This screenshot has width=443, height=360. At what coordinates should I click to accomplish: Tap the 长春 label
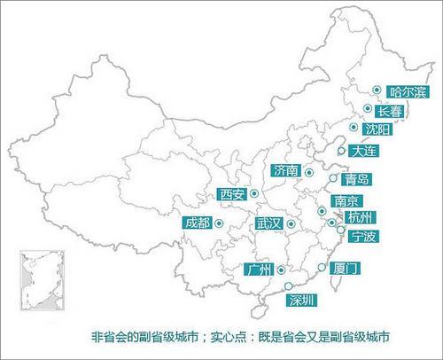389,112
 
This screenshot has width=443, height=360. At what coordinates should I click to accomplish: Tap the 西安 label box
231,193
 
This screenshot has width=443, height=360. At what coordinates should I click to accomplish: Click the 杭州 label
361,217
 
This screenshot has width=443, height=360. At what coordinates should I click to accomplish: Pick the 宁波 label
363,236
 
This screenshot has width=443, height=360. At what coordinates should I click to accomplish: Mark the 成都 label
197,223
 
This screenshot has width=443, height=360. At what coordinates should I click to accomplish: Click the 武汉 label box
268,224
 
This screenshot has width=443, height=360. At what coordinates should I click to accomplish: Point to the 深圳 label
301,300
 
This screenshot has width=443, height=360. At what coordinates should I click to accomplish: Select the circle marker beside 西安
253,192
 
